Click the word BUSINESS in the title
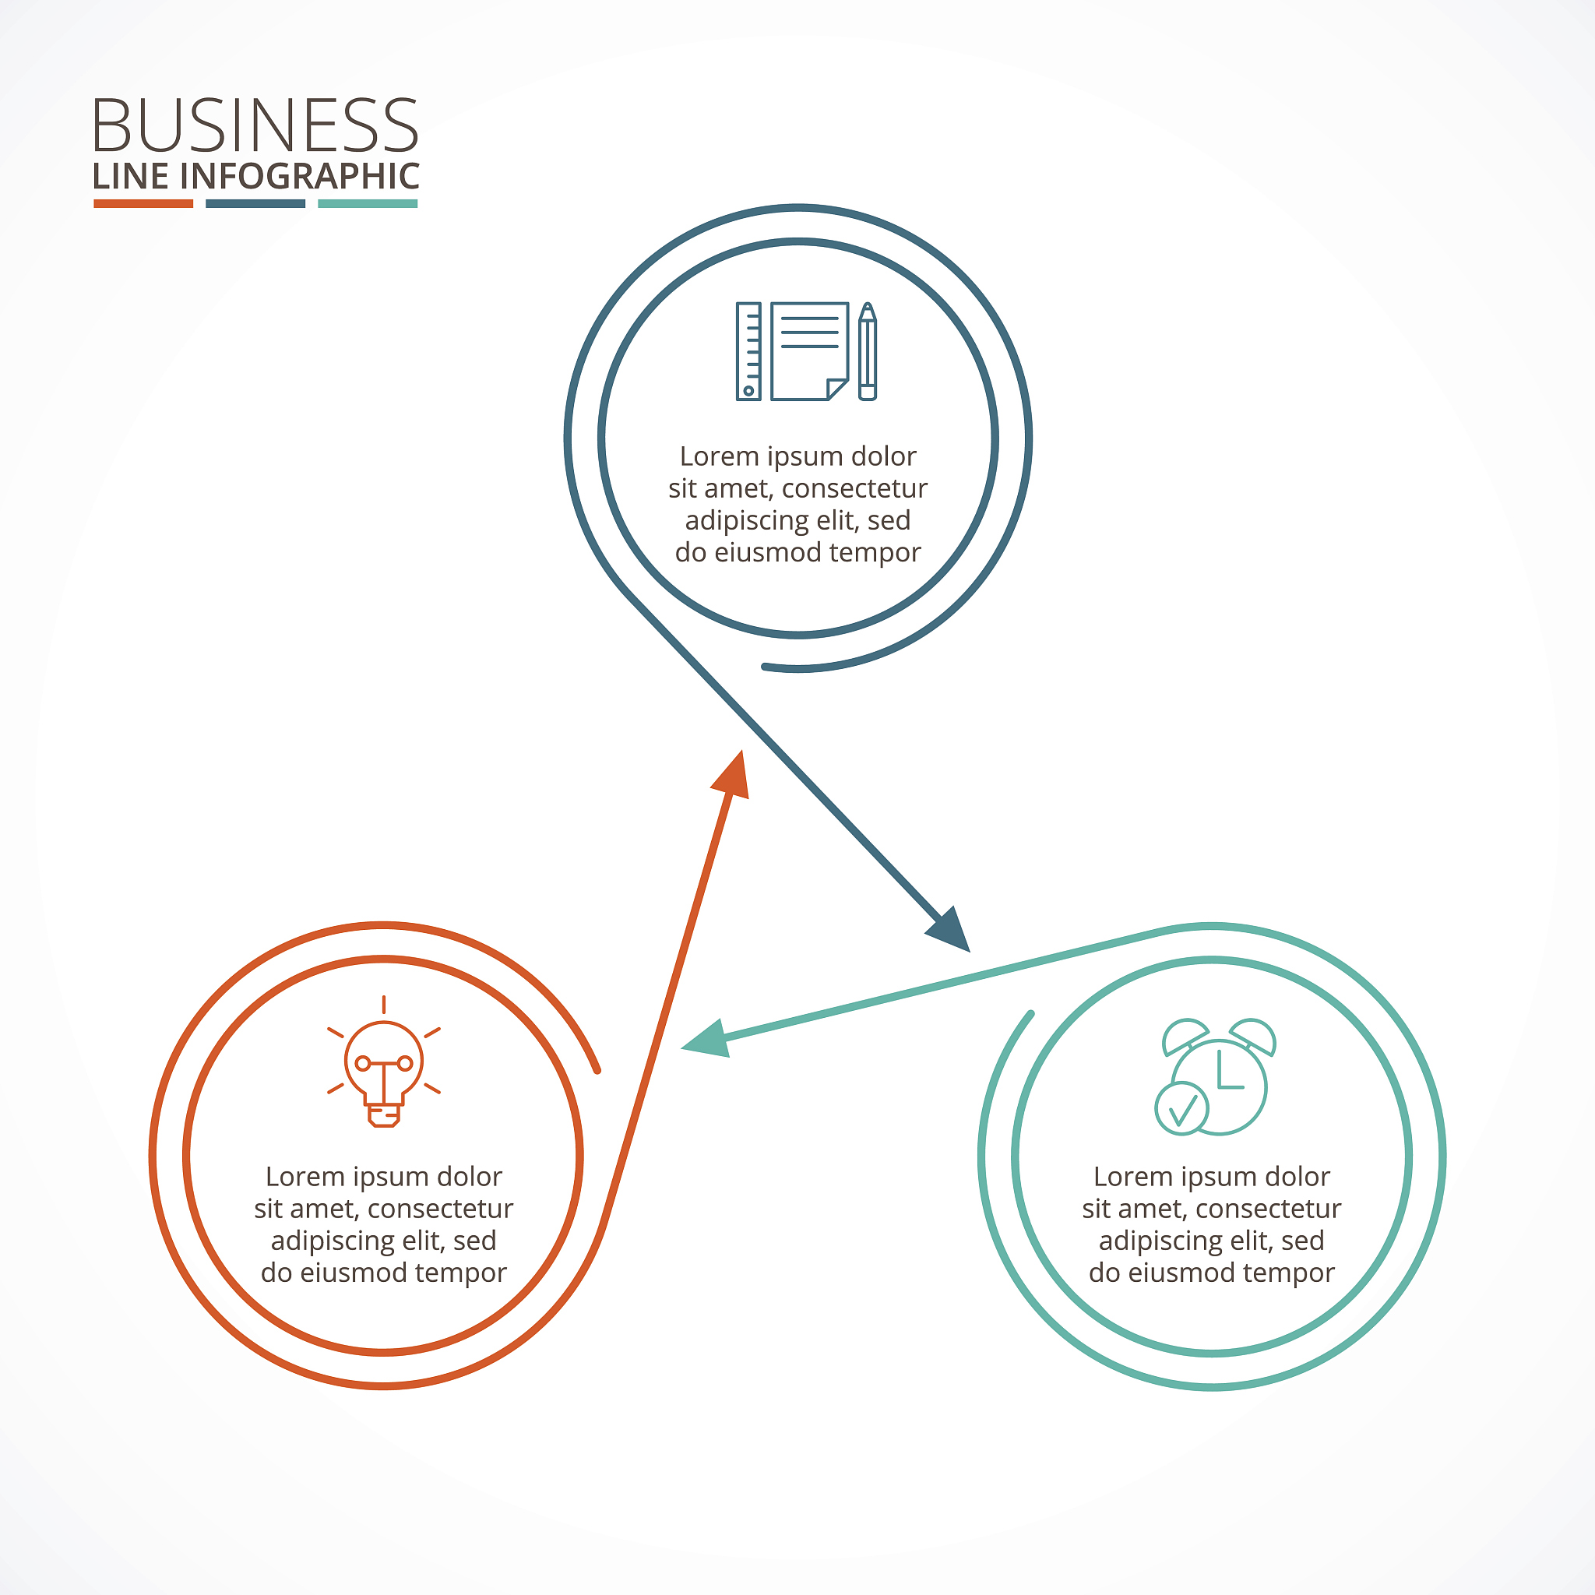255,125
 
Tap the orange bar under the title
143,203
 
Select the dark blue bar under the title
255,203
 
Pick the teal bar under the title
368,203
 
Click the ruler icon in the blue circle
748,352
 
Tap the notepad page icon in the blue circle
810,352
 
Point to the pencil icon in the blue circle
867,352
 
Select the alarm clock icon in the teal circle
1215,1076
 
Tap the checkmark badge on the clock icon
1181,1110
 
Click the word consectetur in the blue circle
854,489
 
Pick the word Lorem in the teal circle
1128,1177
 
